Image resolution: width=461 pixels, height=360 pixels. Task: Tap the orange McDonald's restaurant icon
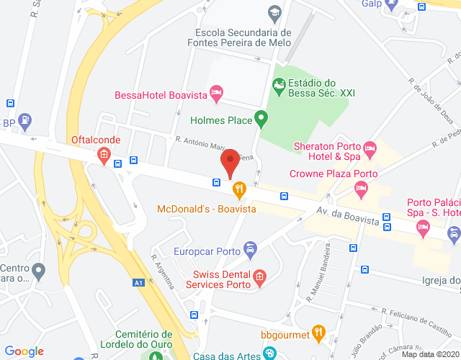pos(239,189)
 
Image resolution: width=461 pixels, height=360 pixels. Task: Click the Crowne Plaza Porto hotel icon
pos(361,189)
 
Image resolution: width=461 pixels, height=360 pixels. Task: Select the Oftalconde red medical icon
pos(104,154)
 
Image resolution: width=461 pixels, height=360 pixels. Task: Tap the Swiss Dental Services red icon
pos(259,276)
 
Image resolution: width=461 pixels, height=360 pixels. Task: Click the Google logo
pos(24,351)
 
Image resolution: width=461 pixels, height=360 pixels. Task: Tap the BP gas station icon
pos(25,122)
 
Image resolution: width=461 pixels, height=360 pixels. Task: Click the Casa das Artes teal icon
pos(269,354)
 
